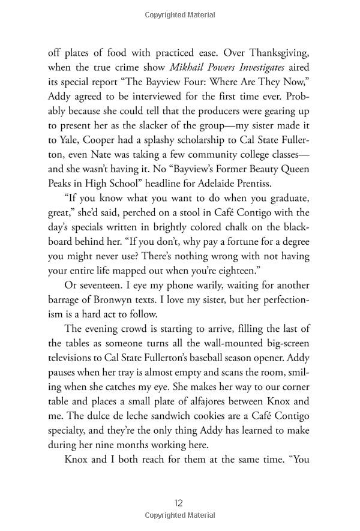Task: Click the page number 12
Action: tap(179, 503)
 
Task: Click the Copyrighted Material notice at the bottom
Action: tap(179, 518)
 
